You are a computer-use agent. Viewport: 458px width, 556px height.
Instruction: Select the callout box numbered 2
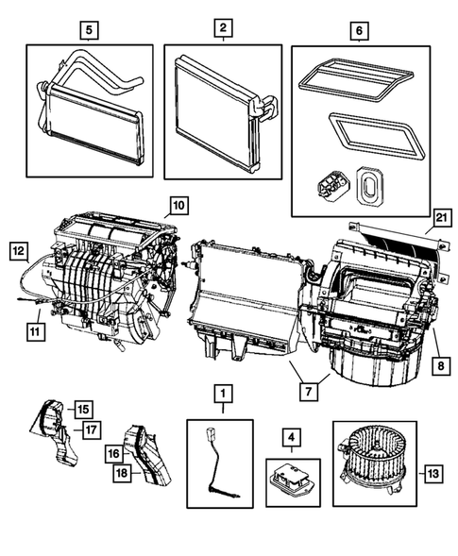[x=222, y=29]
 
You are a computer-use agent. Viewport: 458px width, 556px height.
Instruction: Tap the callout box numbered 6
[x=357, y=29]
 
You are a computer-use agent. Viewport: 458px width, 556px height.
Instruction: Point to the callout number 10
[x=178, y=204]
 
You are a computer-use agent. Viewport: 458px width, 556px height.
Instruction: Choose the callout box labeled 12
[x=19, y=250]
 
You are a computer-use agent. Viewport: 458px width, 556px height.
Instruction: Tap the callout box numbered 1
[x=222, y=392]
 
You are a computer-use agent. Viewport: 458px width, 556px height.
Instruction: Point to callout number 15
[x=83, y=409]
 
